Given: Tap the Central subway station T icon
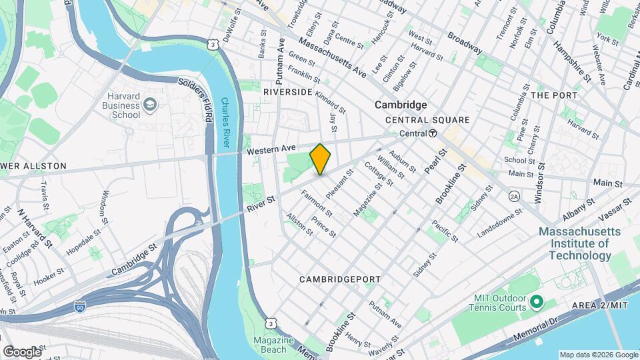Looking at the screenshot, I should click(x=433, y=133).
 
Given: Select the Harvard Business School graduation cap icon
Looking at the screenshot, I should click(x=151, y=105).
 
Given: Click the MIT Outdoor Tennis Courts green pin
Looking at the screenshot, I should click(x=537, y=303).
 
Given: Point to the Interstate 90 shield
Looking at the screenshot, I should click(x=79, y=307).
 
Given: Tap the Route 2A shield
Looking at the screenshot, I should click(x=513, y=196).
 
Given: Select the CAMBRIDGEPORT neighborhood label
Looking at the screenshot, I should click(x=339, y=279).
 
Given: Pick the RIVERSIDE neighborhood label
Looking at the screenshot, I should click(x=288, y=91).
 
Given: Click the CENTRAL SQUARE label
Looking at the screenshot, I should click(x=428, y=120).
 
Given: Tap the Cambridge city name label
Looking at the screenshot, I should click(x=400, y=105).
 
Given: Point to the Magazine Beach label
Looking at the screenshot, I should click(x=274, y=345).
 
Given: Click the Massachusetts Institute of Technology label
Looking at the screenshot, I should click(x=579, y=243).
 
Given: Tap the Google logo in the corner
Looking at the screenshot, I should click(x=22, y=351).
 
